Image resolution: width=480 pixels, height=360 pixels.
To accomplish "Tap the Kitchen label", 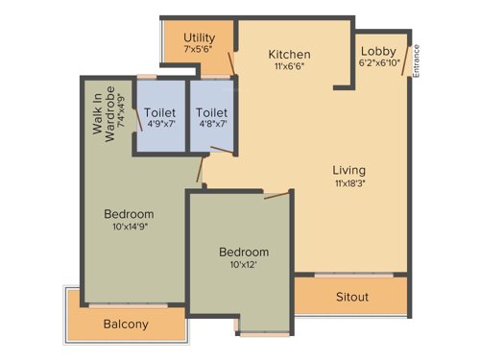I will (x=289, y=54).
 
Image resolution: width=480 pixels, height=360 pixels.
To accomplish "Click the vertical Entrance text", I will (x=417, y=60).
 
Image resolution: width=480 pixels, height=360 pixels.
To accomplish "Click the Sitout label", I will (x=352, y=297).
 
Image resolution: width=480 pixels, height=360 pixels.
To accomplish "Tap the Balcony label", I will (x=126, y=324).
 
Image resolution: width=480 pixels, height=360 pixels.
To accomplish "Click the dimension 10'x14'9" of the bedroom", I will (x=129, y=227).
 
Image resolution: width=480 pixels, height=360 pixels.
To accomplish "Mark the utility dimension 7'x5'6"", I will (x=200, y=48).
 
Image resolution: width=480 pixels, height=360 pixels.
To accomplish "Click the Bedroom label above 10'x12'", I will (x=244, y=252).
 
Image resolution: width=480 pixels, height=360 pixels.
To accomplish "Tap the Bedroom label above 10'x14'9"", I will (x=129, y=213).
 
